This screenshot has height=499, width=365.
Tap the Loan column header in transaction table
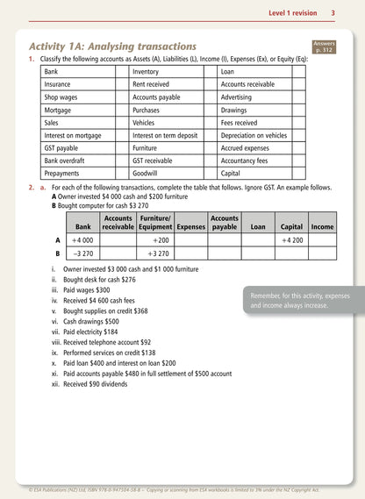[257, 226]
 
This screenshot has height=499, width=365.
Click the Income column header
[322, 226]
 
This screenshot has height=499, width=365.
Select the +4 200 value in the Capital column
[291, 239]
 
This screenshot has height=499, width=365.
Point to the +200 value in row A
[160, 239]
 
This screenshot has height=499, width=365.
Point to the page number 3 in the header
[333, 12]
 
